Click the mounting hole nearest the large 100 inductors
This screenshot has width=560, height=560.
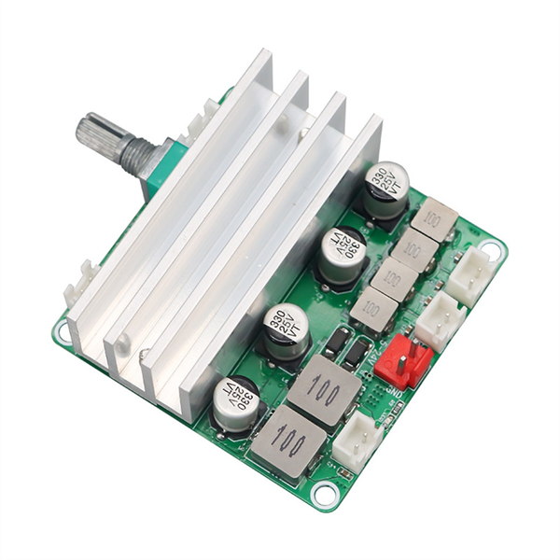pos(324,492)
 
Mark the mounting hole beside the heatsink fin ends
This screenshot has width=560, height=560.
pos(63,329)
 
